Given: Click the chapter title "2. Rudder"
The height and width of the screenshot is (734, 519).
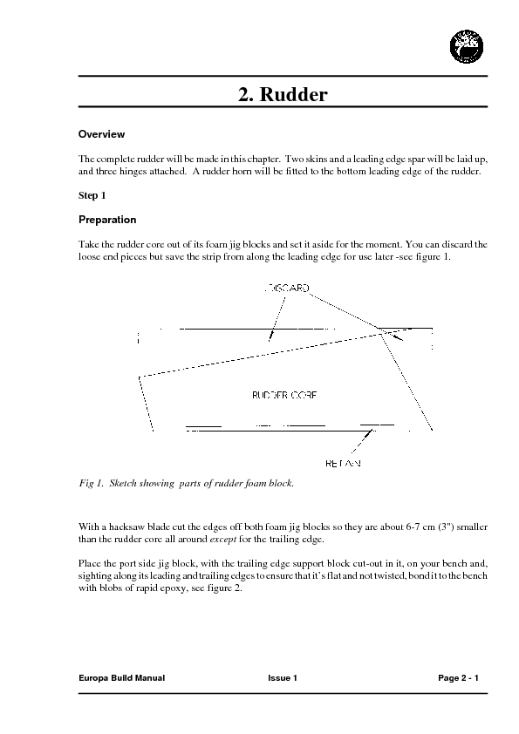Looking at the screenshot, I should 283,95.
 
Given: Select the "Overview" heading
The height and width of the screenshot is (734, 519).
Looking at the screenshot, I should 102,135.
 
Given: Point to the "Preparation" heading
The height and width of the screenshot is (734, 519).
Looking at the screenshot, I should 107,220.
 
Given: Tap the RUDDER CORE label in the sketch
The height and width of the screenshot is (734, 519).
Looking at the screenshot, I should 283,395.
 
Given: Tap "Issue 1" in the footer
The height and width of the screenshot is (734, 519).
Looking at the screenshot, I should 283,677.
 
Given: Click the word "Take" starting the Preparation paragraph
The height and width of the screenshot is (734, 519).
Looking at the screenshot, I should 88,246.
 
